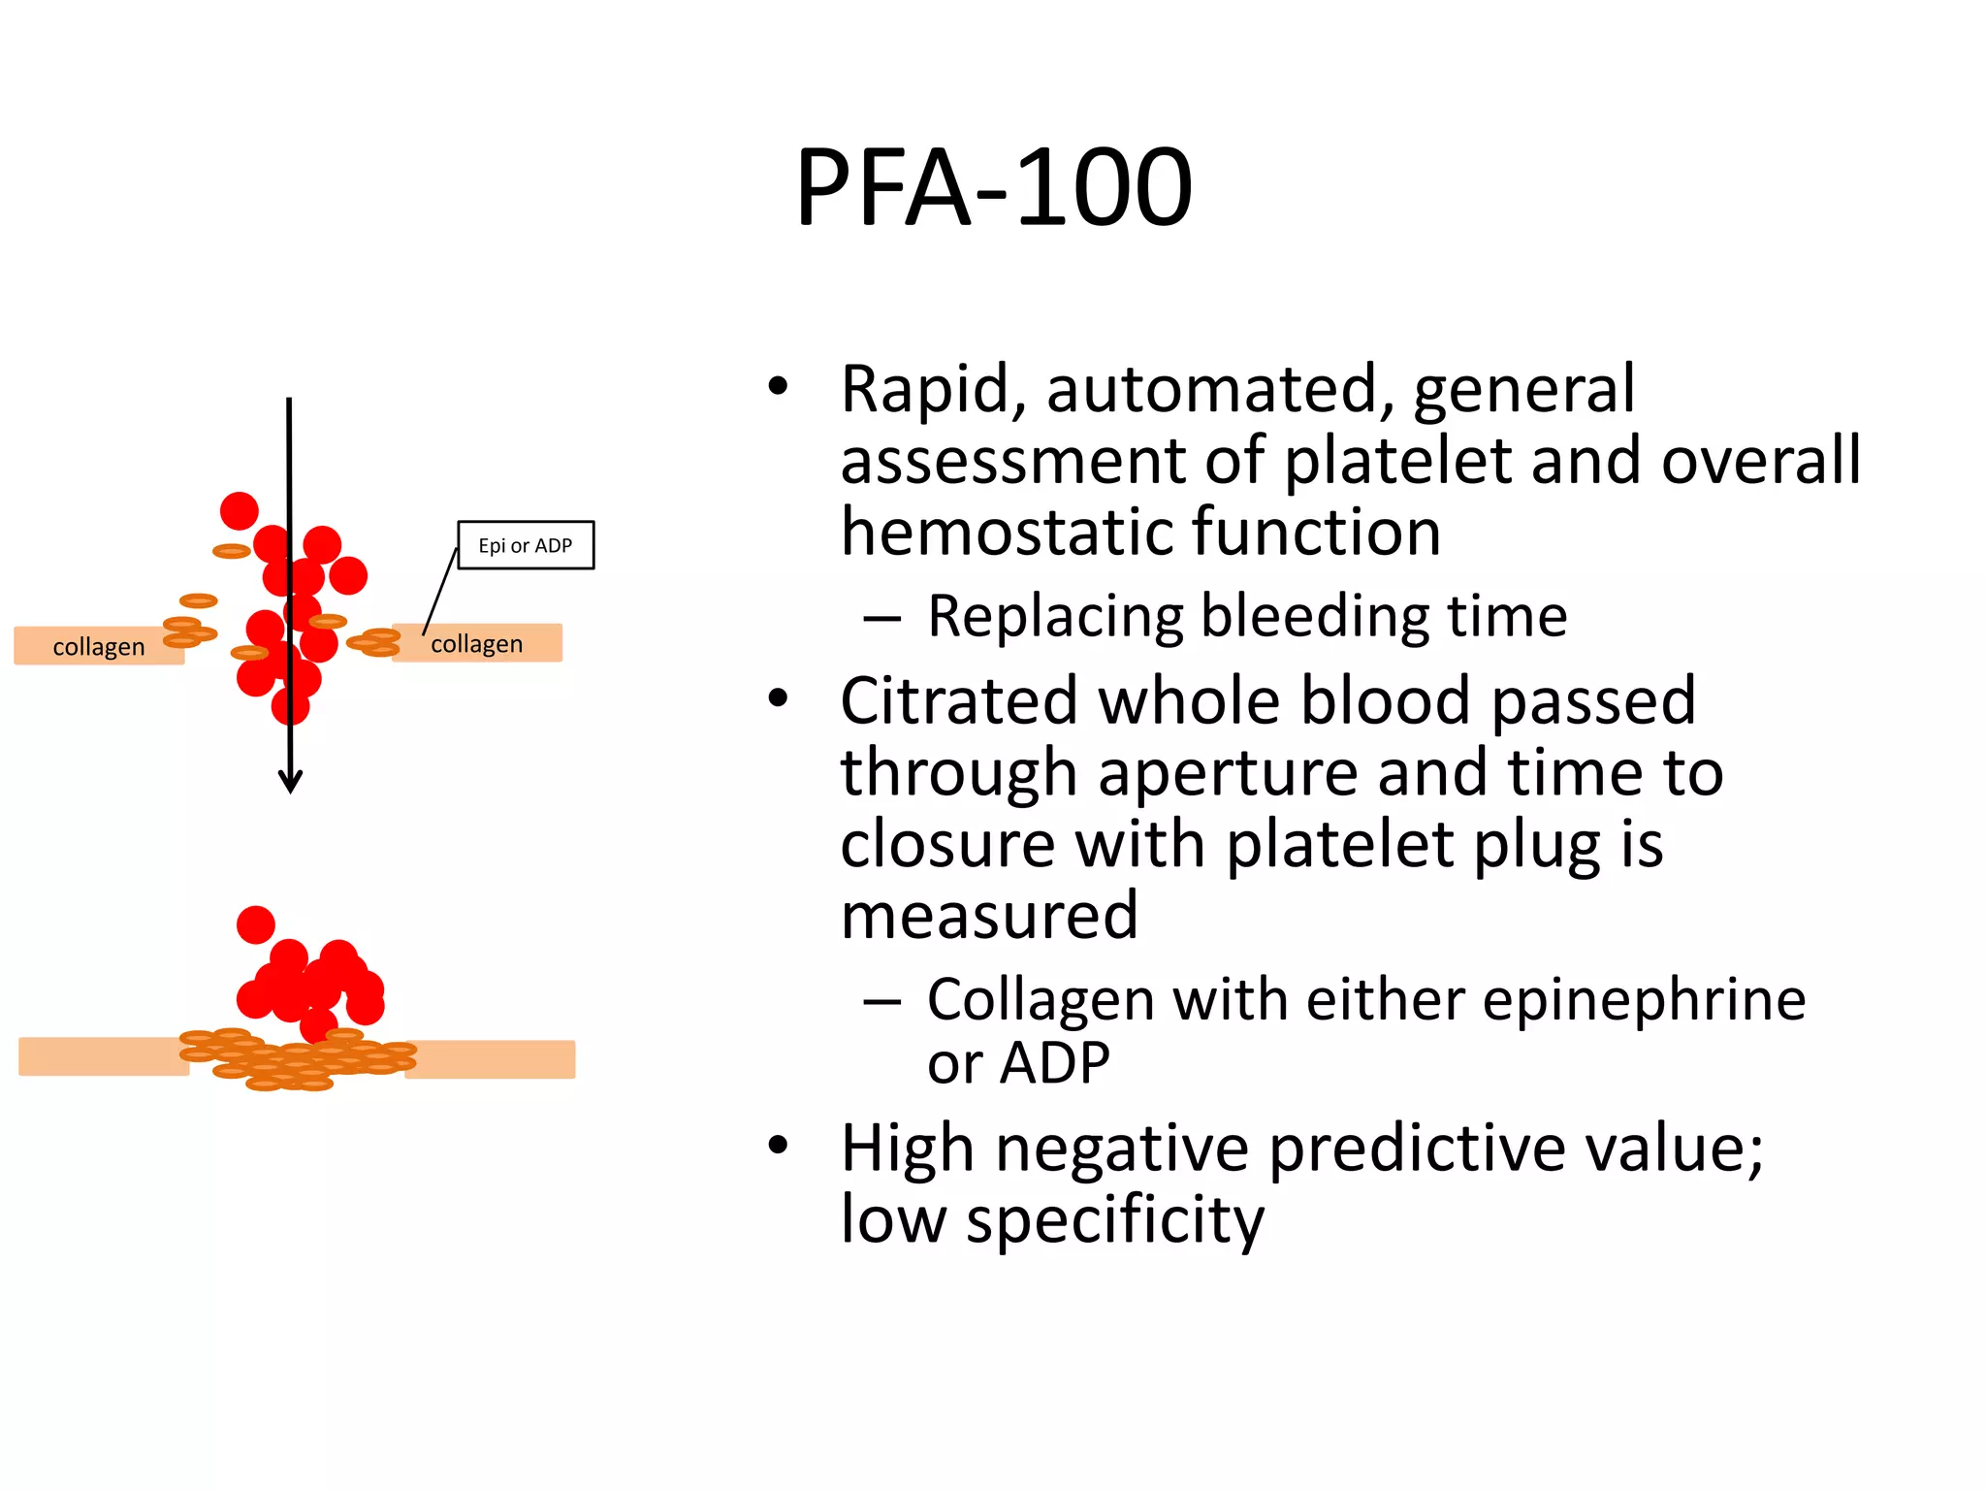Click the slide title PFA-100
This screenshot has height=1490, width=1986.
(x=993, y=187)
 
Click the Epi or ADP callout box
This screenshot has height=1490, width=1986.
(x=526, y=545)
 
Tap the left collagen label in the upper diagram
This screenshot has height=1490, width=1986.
(x=98, y=647)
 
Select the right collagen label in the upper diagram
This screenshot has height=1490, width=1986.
(x=476, y=644)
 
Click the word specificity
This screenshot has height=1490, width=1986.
(x=1115, y=1221)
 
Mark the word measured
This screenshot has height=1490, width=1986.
(x=989, y=917)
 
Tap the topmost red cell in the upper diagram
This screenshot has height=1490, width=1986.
(x=240, y=510)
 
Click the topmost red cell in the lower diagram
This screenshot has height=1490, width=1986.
(x=256, y=924)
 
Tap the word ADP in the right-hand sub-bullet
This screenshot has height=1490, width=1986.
(x=1055, y=1064)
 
